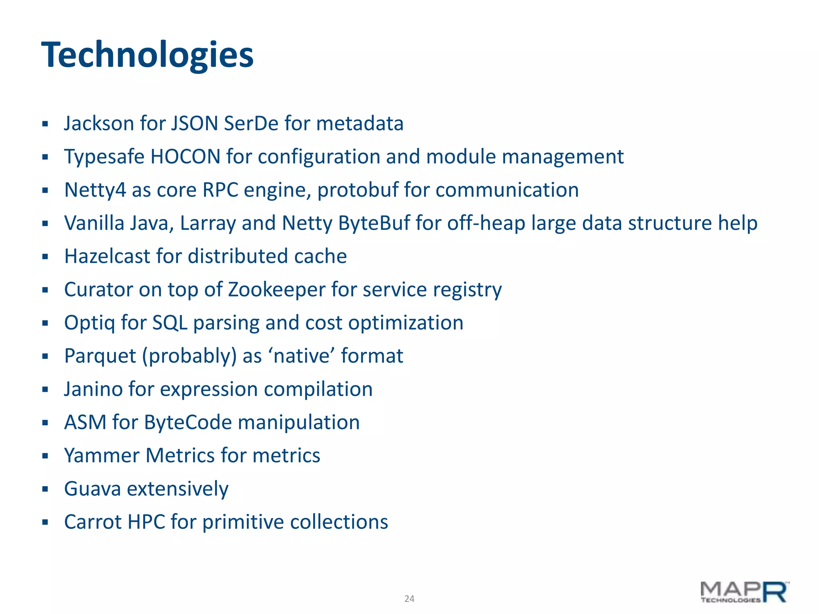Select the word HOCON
pos(186,157)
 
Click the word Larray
pos(208,223)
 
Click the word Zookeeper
pos(277,290)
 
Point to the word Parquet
pos(100,356)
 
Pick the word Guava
pos(92,489)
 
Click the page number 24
pos(409,598)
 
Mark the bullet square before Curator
pos(45,290)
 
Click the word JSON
pos(194,124)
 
